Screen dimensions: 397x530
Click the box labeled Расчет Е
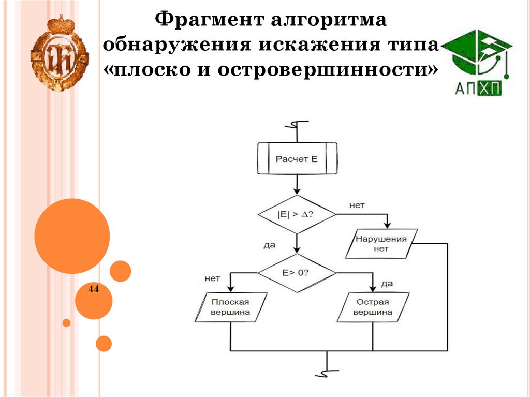pos(297,159)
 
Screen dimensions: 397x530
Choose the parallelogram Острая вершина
pos(373,307)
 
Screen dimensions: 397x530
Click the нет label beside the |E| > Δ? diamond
pos(357,205)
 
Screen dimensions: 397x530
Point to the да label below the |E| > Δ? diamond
pos(269,245)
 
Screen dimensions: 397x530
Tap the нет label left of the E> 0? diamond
pos(213,278)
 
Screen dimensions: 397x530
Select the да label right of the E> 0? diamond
pos(387,283)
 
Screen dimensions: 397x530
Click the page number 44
pos(94,289)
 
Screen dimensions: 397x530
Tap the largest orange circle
pos(72,236)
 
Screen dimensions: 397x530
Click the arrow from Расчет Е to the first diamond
pos(297,184)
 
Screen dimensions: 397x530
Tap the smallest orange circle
pos(66,323)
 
